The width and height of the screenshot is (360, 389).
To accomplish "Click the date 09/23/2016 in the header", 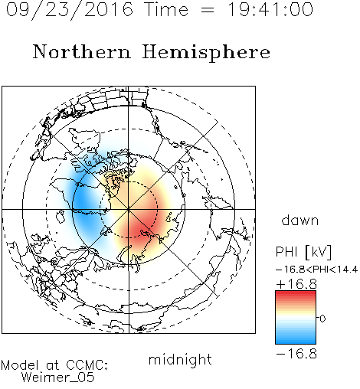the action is (x=70, y=10).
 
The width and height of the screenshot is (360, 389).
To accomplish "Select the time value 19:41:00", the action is (x=270, y=9).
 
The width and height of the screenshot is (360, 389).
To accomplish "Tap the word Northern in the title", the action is (x=82, y=52).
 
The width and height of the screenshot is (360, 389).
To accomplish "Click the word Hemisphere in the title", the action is (x=206, y=53).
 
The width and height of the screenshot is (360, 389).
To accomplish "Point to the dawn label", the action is (x=300, y=220).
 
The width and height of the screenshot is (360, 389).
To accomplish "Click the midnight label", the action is (x=180, y=359).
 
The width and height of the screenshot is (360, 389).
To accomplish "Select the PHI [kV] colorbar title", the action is (x=303, y=252).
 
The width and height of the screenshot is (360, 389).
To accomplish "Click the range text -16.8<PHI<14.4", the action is (x=316, y=270).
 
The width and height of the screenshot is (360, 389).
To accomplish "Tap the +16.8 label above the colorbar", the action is (x=296, y=284).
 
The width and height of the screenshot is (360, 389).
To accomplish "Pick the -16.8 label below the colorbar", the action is (x=296, y=354).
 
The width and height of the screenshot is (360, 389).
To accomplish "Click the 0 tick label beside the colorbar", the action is (x=322, y=319).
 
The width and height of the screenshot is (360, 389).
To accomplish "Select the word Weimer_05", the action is (x=58, y=378).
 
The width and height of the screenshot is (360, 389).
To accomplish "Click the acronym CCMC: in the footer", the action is (x=87, y=365).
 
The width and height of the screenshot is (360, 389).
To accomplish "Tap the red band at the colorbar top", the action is (x=296, y=294).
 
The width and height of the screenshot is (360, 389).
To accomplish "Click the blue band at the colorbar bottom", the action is (x=296, y=341).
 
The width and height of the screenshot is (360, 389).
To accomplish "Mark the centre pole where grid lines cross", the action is (x=129, y=210).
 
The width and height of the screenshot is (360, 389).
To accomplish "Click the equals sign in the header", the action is (x=208, y=11).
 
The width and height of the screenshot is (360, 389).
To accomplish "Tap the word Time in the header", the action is (x=166, y=10).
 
